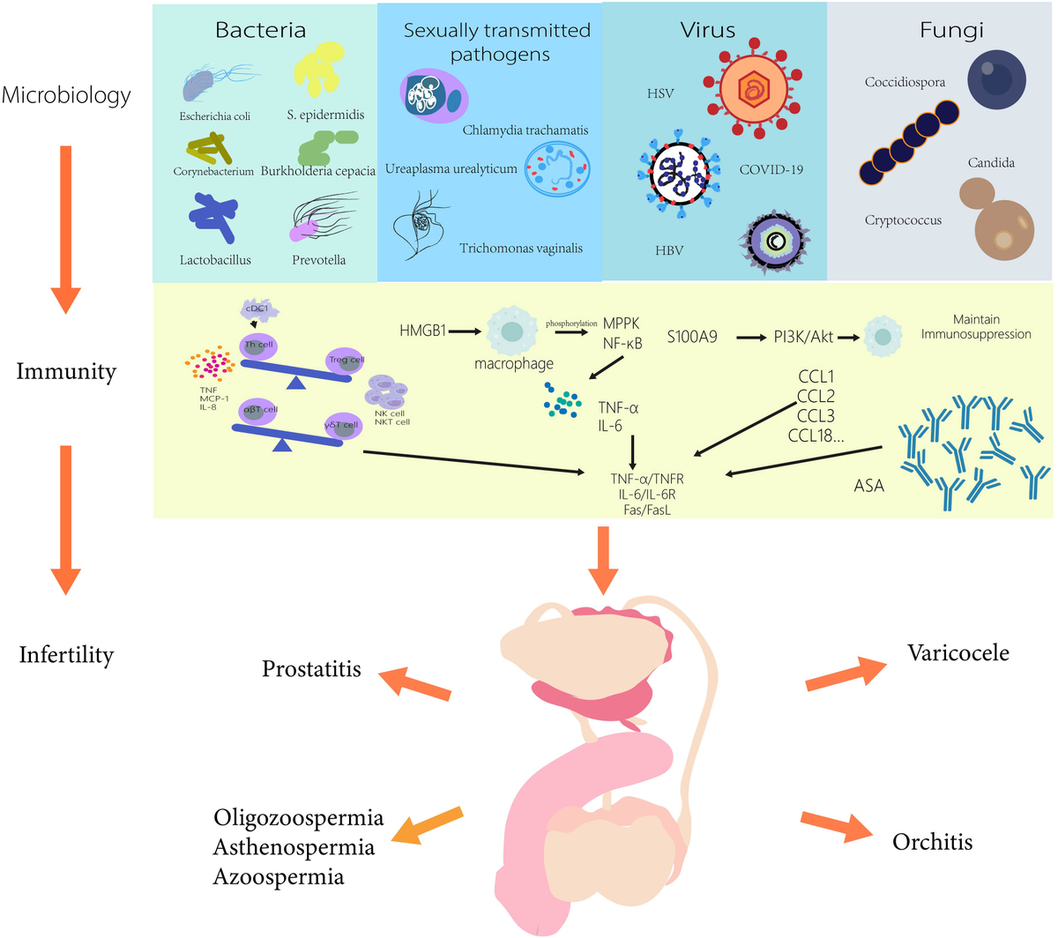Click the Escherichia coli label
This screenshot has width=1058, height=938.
click(x=215, y=116)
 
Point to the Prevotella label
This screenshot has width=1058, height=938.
click(x=318, y=260)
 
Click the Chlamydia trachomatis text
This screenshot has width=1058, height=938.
click(x=525, y=130)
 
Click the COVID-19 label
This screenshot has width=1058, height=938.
click(x=771, y=169)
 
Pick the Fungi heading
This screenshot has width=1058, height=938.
click(x=951, y=30)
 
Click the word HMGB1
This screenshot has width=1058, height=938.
click(x=422, y=331)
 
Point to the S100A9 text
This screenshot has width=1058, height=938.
click(x=692, y=337)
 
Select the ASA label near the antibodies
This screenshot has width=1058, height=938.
click(x=868, y=486)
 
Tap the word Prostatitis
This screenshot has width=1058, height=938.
click(x=311, y=669)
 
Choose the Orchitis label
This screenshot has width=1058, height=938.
click(x=932, y=842)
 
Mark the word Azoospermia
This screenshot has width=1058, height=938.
click(x=278, y=877)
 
